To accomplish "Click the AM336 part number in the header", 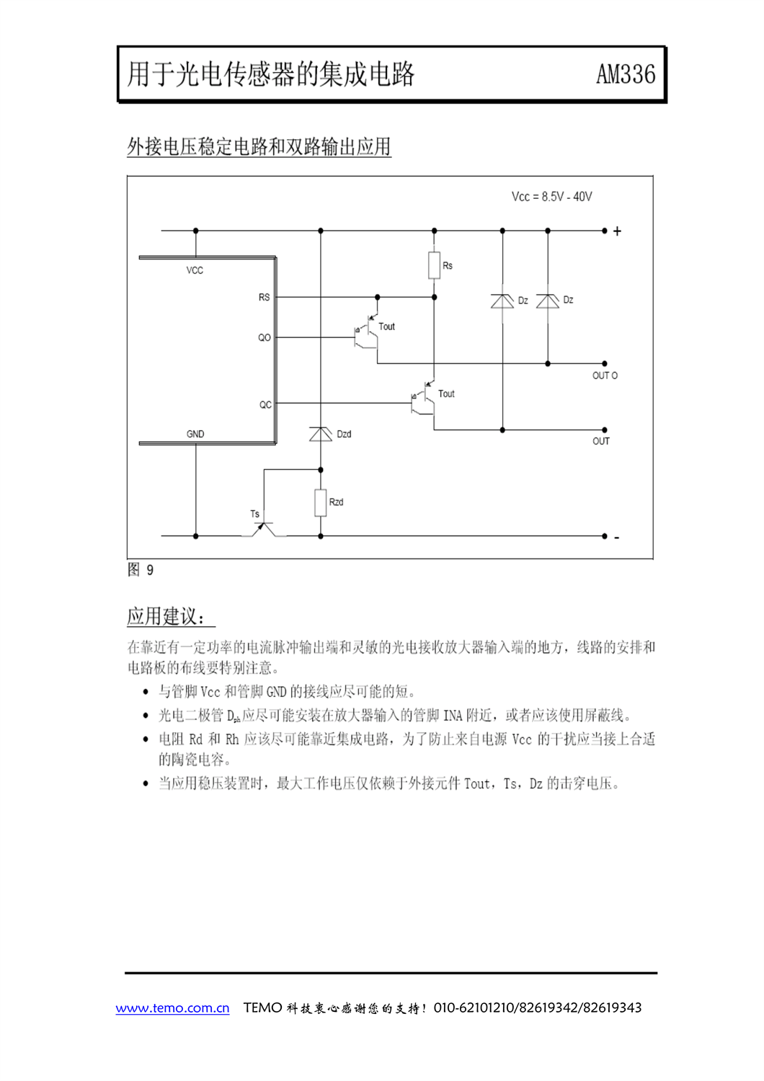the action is pos(626,74).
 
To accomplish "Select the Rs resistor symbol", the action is pos(434,265).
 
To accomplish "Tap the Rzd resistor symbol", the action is pos(321,503).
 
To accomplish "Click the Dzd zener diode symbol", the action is pos(321,434).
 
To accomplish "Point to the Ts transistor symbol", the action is pos(264,530).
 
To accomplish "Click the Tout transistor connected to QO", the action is pos(368,332).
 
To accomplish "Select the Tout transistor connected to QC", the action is pos(425,398).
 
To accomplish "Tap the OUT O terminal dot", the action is pos(604,363).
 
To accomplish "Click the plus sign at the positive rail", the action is pos(617,231).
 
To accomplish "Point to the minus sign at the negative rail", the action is pos(617,538).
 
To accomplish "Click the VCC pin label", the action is pos(195,271).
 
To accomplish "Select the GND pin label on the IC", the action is pos(195,435).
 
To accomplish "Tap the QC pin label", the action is pos(265,405).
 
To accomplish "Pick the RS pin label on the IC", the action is pos(264,298).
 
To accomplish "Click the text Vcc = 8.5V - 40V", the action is pos(551,197).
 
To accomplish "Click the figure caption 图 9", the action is pos(141,570).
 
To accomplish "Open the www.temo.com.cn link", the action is pos(172,1007).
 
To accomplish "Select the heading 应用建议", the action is pos(166,616).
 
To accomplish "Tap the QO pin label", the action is pos(265,338).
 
